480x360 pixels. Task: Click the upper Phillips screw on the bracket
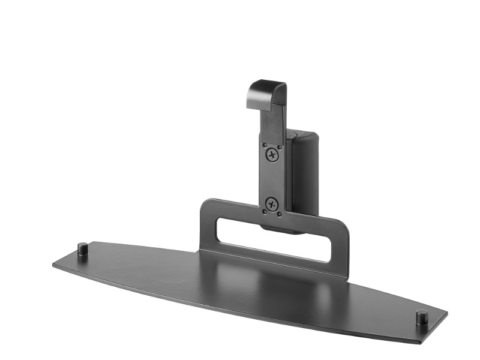pyautogui.click(x=272, y=154)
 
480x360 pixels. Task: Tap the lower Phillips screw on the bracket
pyautogui.click(x=271, y=203)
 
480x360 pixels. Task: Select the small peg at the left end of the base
pyautogui.click(x=82, y=248)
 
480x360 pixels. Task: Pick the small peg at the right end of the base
pyautogui.click(x=422, y=316)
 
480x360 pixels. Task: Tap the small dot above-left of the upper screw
pyautogui.click(x=263, y=143)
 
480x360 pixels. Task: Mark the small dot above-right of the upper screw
pyautogui.click(x=281, y=144)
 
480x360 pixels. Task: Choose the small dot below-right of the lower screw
pyautogui.click(x=281, y=213)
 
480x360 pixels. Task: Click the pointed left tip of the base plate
pyautogui.click(x=55, y=264)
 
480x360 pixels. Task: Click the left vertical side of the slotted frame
pyautogui.click(x=208, y=228)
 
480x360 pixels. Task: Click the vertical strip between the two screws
pyautogui.click(x=272, y=179)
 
